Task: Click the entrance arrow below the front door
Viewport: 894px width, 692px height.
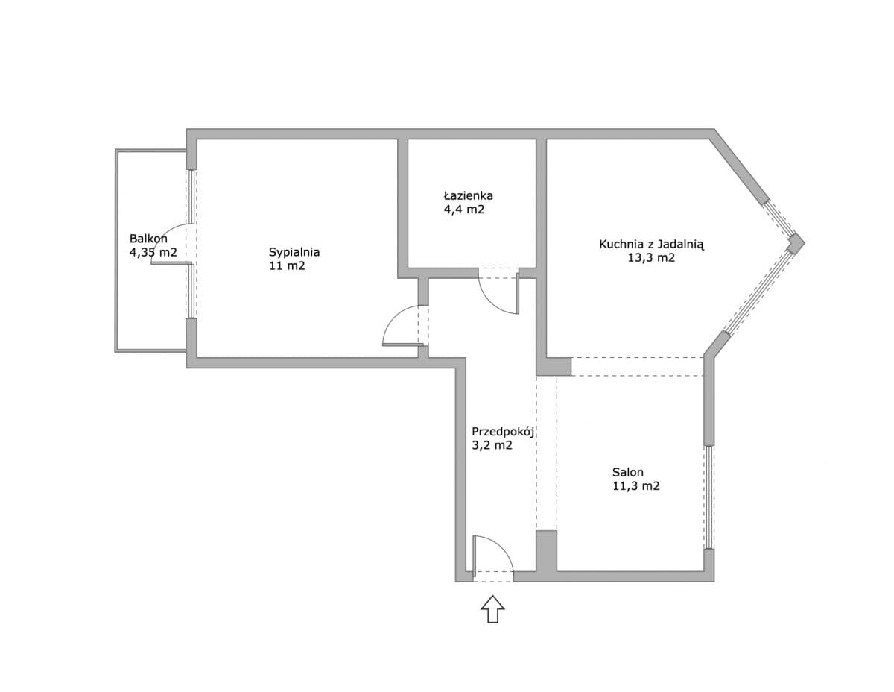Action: click(x=492, y=608)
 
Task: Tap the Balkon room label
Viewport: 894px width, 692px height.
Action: click(x=148, y=239)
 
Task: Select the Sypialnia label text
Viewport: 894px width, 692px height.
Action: click(x=294, y=251)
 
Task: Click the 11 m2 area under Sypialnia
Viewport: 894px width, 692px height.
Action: click(x=287, y=265)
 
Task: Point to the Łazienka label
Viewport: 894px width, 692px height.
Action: click(x=468, y=195)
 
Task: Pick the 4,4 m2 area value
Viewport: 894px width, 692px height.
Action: click(x=463, y=210)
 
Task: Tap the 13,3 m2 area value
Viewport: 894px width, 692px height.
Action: click(x=652, y=258)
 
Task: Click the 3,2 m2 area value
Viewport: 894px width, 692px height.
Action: click(x=492, y=446)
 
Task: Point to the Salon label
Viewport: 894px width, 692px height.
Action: click(x=628, y=471)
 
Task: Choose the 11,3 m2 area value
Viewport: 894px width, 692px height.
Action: click(x=635, y=486)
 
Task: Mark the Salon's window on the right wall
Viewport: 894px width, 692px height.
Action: click(x=709, y=497)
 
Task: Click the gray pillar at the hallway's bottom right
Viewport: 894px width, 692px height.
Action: click(x=546, y=551)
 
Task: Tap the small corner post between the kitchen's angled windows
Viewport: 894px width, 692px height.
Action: click(x=796, y=242)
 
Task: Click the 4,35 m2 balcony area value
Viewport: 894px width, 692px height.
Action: click(x=153, y=253)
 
